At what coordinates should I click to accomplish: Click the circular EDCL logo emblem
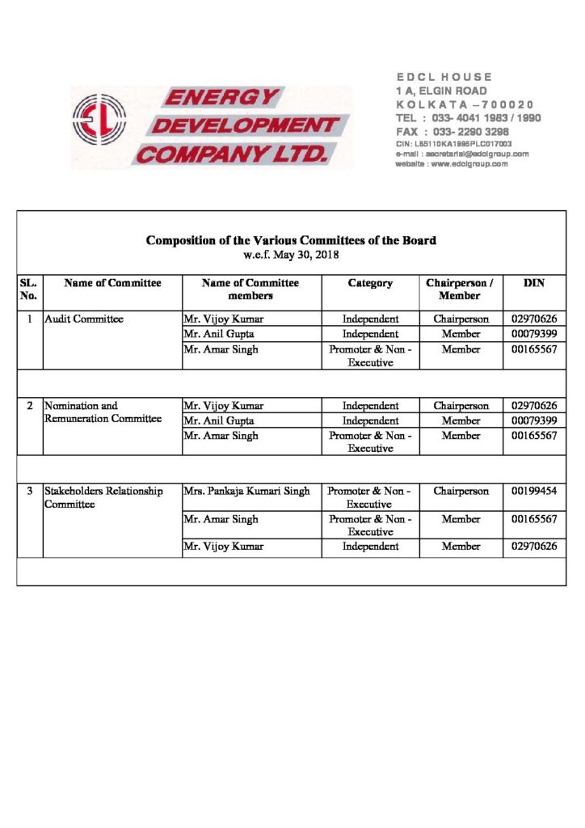coord(98,119)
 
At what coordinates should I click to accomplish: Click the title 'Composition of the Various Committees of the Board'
coord(291,240)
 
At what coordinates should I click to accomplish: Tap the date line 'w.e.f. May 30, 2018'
coord(291,255)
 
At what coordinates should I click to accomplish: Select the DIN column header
coord(533,283)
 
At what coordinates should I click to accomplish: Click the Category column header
coord(370,283)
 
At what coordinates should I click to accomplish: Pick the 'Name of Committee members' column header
coord(250,289)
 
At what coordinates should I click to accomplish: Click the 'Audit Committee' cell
coord(84,319)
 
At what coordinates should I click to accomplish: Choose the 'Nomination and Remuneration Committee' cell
coord(103,412)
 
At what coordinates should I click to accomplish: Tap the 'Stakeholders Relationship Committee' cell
coord(103,497)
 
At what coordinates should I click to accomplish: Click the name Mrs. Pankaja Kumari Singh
coord(246,491)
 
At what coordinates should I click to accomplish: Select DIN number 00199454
coord(533,491)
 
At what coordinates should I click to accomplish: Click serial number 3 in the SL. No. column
coord(30,491)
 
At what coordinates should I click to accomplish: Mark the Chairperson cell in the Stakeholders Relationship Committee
coord(461,491)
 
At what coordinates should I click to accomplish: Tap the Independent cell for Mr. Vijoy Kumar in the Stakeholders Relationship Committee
coord(370,547)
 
